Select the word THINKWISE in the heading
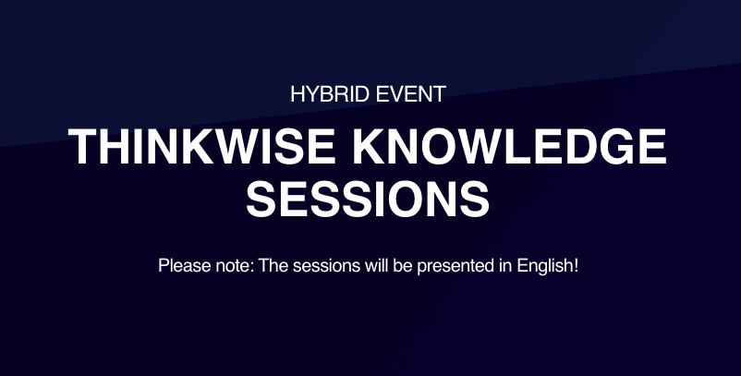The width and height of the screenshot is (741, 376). pos(200,147)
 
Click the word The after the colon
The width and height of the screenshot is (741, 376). pos(273,266)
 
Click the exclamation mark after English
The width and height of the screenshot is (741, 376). pos(577,266)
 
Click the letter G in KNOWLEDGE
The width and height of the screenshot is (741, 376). pos(621,147)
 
